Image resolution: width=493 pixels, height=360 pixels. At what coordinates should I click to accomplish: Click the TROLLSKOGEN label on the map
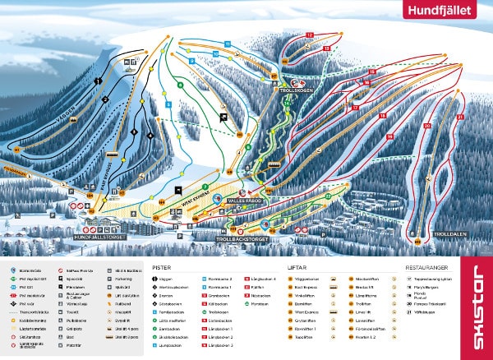coord(293,93)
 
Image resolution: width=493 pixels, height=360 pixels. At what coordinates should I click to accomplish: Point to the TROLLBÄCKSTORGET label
coord(242,240)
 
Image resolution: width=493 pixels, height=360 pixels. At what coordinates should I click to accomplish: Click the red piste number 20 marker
coord(426,126)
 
